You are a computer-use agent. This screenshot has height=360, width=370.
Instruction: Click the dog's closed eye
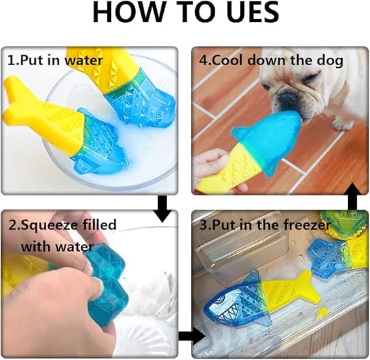(310, 76)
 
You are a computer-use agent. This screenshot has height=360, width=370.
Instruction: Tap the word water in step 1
(84, 61)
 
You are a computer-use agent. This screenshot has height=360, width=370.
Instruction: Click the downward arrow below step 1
(163, 208)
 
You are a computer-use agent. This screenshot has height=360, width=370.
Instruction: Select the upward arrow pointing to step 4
(353, 197)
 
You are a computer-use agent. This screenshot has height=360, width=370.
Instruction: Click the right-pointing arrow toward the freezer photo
(191, 336)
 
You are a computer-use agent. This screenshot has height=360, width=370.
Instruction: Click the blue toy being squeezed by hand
(107, 283)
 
